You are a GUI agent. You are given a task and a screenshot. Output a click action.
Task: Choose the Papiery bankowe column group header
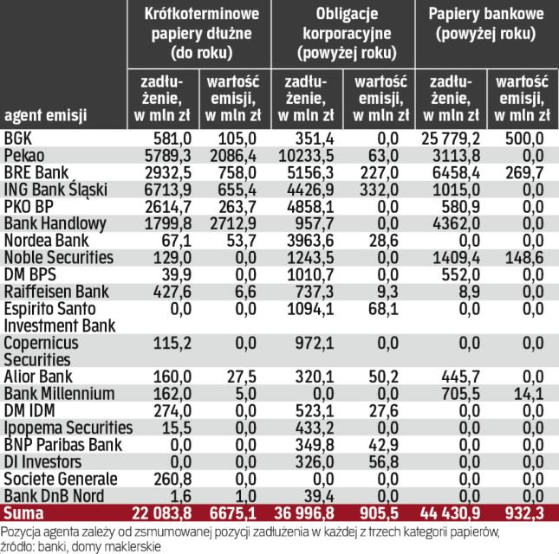(486, 26)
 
